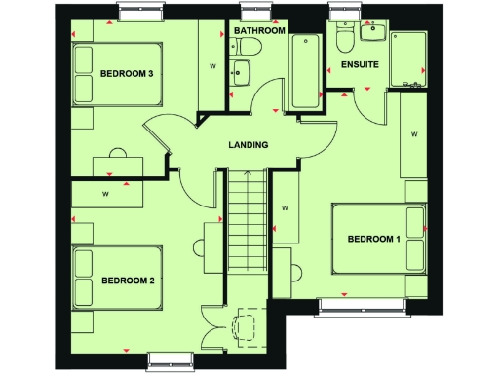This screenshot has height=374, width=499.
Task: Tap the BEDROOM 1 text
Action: tap(374, 240)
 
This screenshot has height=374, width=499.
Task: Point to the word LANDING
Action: tap(249, 145)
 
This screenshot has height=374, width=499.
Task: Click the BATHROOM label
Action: tap(259, 31)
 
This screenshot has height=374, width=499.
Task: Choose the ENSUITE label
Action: tap(360, 65)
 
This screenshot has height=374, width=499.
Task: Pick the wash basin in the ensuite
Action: tap(372, 32)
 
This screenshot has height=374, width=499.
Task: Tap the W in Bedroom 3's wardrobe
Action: tap(212, 66)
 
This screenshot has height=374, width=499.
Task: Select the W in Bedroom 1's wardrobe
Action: tap(414, 133)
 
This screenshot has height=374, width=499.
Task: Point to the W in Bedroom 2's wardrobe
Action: tap(104, 194)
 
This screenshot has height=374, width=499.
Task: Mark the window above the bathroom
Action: tap(258, 11)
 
